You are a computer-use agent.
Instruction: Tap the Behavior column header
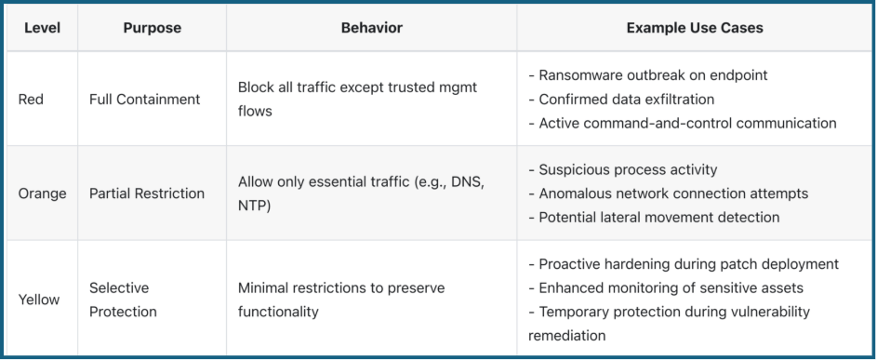[371, 28]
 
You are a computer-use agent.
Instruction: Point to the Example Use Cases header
[695, 28]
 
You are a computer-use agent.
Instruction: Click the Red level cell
[31, 100]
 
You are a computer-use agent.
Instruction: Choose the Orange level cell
[42, 193]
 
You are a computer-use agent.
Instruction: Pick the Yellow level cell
[39, 300]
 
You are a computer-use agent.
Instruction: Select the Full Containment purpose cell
[144, 100]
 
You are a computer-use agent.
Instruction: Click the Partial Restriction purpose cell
[147, 193]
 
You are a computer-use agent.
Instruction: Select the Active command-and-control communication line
[682, 123]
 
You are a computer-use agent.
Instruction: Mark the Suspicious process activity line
[622, 170]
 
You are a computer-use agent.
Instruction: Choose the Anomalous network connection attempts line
[668, 193]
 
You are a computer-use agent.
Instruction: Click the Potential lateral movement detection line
[653, 218]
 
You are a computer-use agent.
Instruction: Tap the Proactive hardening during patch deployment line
[683, 264]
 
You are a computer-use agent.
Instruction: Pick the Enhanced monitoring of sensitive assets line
[665, 288]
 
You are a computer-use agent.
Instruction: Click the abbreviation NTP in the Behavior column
[251, 206]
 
